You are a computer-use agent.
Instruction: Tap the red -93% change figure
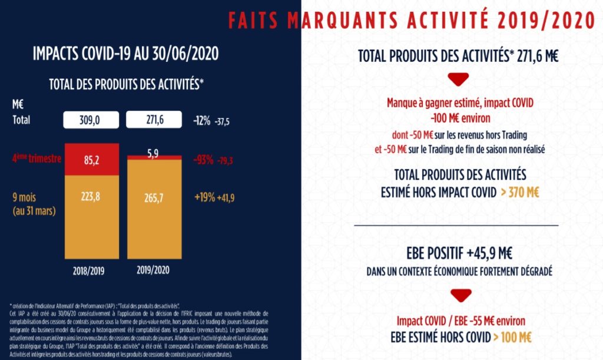[203, 160]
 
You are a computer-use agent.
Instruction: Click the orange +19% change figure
[204, 198]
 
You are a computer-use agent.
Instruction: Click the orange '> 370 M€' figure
[519, 193]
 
